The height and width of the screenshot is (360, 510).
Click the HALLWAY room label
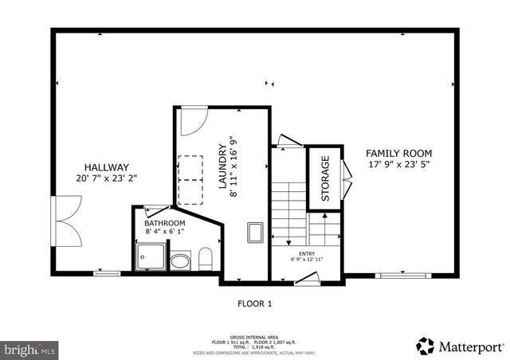(106, 167)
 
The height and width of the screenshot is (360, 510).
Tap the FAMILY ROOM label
(398, 153)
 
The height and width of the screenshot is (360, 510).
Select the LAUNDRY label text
(223, 166)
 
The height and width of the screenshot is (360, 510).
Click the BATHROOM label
(165, 223)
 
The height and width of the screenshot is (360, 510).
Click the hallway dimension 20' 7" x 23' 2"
(106, 179)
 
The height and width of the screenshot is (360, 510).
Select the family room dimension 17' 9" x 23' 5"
(398, 165)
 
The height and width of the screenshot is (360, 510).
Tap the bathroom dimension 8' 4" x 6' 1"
(165, 232)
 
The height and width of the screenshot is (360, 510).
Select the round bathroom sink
(182, 260)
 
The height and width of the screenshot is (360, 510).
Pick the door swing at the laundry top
(190, 122)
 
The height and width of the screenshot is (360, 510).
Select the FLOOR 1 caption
(255, 303)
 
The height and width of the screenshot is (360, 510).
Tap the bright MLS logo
(29, 349)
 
